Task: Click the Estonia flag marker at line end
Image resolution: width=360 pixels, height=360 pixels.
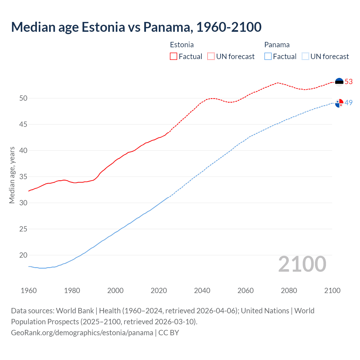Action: point(339,82)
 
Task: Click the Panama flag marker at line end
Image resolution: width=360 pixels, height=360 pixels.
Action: point(339,103)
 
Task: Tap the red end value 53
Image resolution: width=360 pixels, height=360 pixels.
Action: point(349,82)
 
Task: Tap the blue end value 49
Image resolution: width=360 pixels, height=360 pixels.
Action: point(349,103)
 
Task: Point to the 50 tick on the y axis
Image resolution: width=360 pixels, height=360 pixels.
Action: point(23,98)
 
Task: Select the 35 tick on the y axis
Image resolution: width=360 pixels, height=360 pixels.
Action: point(23,177)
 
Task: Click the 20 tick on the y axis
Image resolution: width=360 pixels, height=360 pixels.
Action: point(23,255)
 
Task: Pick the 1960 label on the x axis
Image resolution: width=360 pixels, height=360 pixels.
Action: point(29,291)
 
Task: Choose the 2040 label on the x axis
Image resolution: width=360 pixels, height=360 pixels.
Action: point(202,291)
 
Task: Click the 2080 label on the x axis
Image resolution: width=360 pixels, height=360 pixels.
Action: point(289,291)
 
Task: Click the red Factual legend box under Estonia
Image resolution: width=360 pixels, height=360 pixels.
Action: point(174,56)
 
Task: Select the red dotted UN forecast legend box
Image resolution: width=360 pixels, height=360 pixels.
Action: point(211,56)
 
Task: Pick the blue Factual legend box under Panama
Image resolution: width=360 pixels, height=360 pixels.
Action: point(268,56)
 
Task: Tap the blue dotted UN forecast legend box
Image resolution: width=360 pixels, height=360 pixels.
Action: point(305,56)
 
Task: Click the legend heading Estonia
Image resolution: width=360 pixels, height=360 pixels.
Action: point(182,45)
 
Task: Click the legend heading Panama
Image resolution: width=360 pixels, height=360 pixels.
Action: point(277,45)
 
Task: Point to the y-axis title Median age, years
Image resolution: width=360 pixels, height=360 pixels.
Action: point(12,175)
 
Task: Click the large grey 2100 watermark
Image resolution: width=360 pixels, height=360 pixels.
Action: point(302,264)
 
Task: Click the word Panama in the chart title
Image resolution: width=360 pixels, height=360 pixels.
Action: point(168,27)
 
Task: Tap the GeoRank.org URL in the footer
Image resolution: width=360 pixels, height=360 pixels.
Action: point(82,332)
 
